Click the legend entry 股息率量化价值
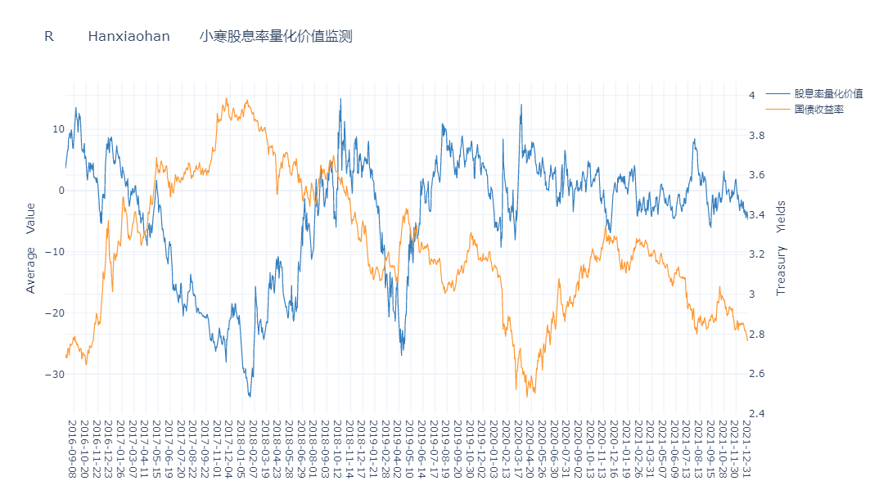point(828,93)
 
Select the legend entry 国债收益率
point(818,109)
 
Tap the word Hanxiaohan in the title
point(128,36)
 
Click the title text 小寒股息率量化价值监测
point(276,36)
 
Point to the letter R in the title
point(49,36)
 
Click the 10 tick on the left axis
point(57,129)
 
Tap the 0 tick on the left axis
point(61,191)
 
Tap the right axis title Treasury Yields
point(781,248)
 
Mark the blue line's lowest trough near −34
point(250,397)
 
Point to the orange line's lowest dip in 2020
point(528,397)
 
